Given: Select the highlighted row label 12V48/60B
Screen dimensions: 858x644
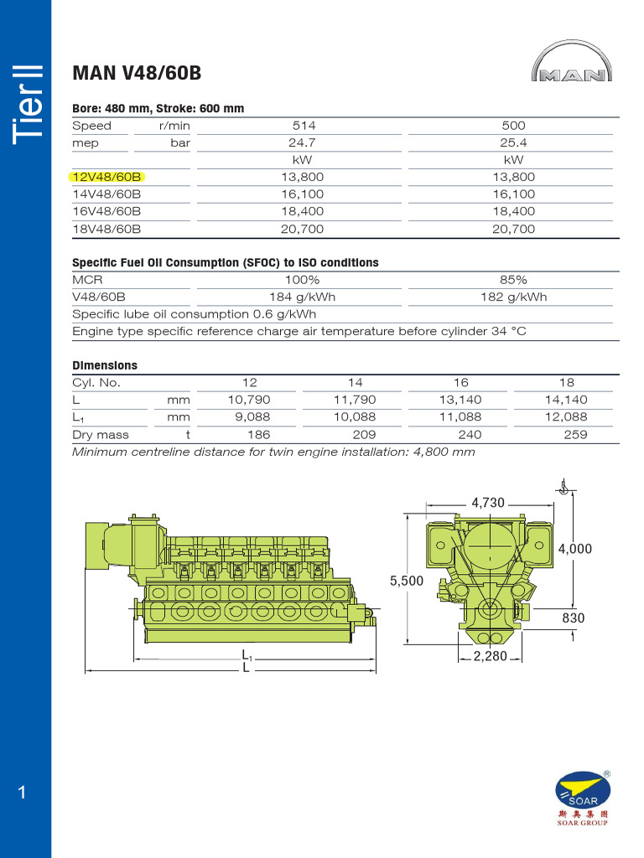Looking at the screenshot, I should pos(106,177).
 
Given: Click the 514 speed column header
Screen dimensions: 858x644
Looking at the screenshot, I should pos(303,126).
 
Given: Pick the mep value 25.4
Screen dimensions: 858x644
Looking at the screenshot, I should pos(513,143).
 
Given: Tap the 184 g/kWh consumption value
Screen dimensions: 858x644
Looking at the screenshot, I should pos(303,297).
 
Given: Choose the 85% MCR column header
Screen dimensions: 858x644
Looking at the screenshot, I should pos(513,280).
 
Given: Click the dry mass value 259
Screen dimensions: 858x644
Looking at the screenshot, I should pos(575,435).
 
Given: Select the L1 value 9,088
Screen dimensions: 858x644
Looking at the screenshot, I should pos(249,417).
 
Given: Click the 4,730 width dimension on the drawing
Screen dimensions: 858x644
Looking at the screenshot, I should pos(488,503).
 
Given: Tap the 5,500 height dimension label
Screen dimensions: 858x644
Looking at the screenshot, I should pos(406,580).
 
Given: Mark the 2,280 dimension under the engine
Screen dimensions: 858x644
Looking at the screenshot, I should pos(491,656).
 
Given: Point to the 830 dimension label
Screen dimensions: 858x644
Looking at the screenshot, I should pos(573,618).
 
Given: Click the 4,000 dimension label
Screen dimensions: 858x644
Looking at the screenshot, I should pos(574,549).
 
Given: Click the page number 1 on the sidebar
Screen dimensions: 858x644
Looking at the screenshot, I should pos(23,793).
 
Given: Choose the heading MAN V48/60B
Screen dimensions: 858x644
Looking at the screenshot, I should pos(137,73).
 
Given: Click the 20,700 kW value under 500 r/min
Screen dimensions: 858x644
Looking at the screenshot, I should pos(513,229).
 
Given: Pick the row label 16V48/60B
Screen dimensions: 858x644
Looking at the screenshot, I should pos(106,211).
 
